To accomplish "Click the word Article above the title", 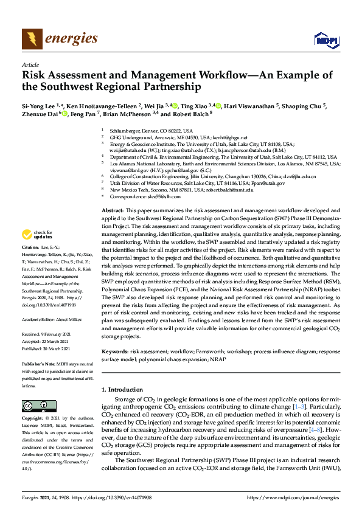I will (x=30, y=64).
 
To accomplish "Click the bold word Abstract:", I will (x=113, y=209).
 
